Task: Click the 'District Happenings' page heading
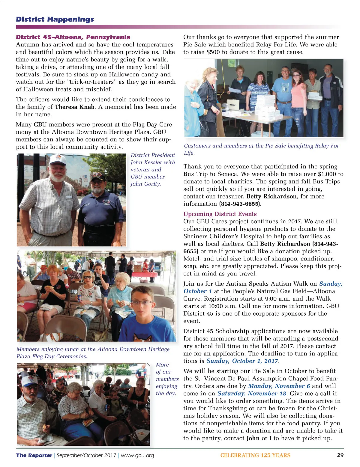pos(55,19)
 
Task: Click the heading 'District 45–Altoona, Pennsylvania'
pos(73,37)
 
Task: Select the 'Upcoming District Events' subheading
pos(220,214)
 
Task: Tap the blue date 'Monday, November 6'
pos(279,386)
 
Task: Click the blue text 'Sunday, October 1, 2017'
pos(242,361)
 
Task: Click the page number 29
pos(340,455)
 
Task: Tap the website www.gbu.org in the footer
pos(137,455)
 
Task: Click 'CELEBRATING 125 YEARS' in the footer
pos(255,455)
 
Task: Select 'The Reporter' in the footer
pos(34,455)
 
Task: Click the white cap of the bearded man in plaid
pos(58,160)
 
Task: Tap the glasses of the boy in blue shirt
pos(142,302)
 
